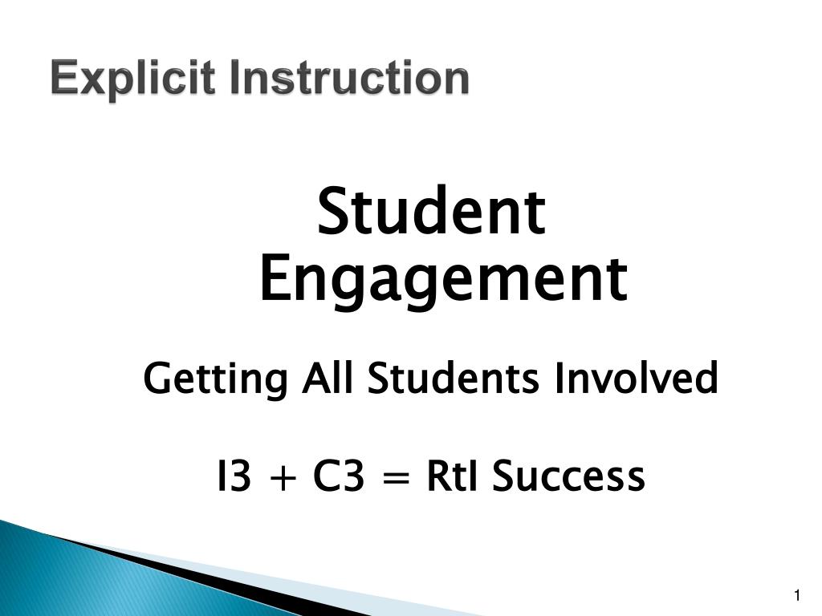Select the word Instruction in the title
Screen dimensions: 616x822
[350, 79]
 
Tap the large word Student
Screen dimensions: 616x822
[431, 212]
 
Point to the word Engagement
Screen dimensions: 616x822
[442, 280]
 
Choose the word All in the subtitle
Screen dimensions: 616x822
[328, 378]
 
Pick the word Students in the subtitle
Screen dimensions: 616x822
[454, 378]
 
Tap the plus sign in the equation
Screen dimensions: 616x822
[282, 478]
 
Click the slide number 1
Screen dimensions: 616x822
[797, 595]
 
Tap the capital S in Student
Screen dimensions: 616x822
[333, 212]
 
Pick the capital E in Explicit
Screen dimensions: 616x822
[63, 79]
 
